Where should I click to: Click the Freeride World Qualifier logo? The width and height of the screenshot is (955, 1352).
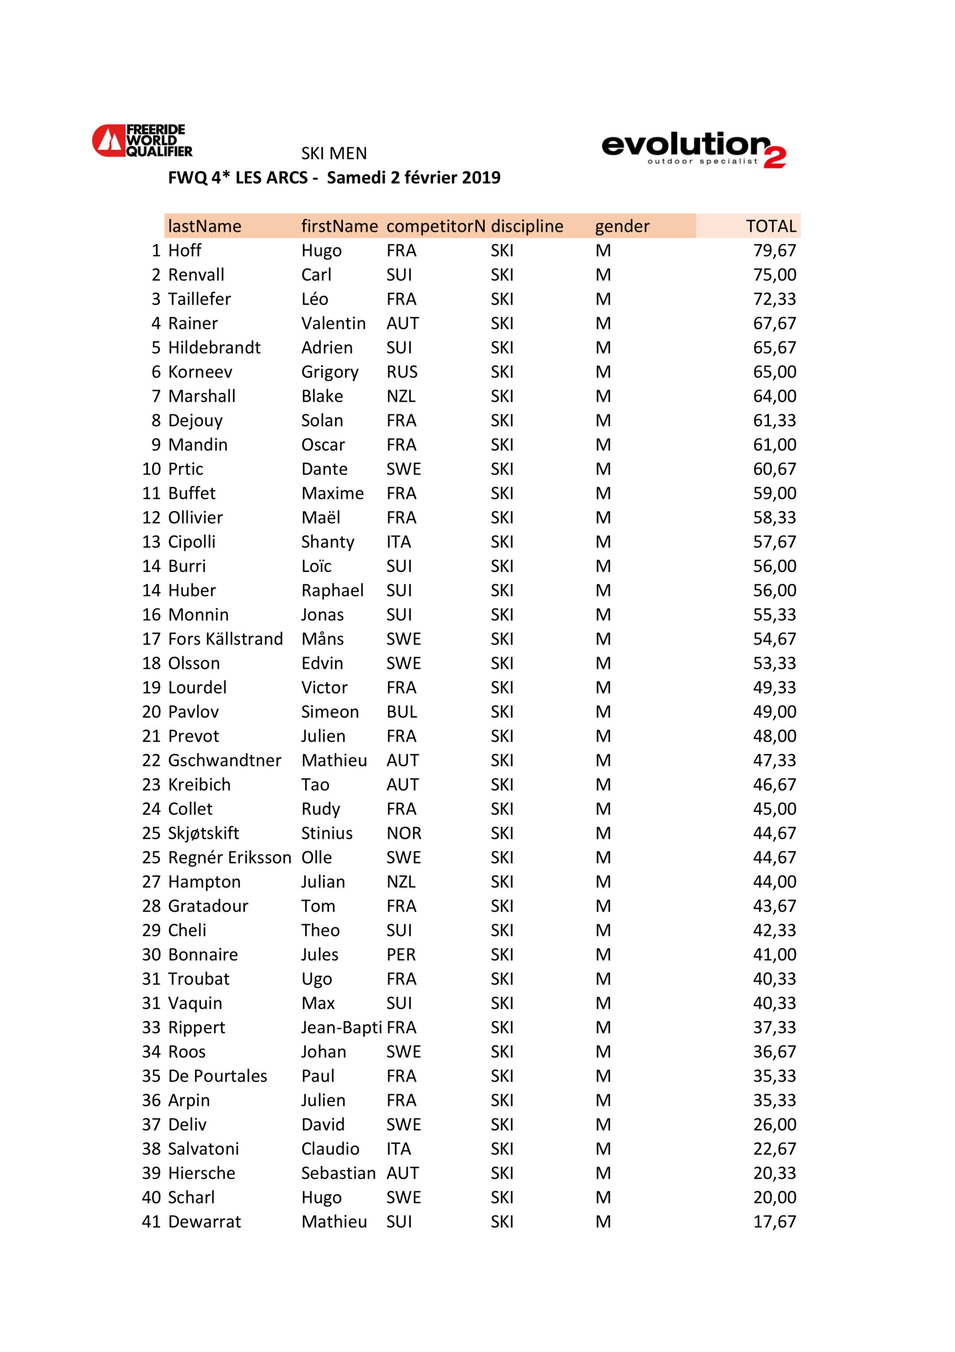142,141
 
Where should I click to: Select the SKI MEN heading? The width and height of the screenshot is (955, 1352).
334,154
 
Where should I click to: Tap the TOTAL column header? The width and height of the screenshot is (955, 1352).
770,226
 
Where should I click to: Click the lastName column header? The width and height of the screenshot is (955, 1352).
204,226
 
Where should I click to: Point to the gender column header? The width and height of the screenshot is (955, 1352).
622,226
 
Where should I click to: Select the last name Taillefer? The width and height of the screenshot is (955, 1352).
200,299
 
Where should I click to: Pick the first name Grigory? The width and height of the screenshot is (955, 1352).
329,372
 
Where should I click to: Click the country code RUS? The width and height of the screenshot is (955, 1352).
402,372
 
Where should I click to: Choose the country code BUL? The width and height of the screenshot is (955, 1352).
402,712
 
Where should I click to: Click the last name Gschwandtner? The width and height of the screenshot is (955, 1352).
224,760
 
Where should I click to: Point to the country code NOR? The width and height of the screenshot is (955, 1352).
403,833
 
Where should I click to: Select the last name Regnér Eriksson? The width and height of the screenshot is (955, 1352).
230,858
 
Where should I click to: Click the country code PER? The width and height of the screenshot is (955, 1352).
401,955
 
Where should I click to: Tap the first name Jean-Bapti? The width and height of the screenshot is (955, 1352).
341,1028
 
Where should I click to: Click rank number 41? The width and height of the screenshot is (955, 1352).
151,1222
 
